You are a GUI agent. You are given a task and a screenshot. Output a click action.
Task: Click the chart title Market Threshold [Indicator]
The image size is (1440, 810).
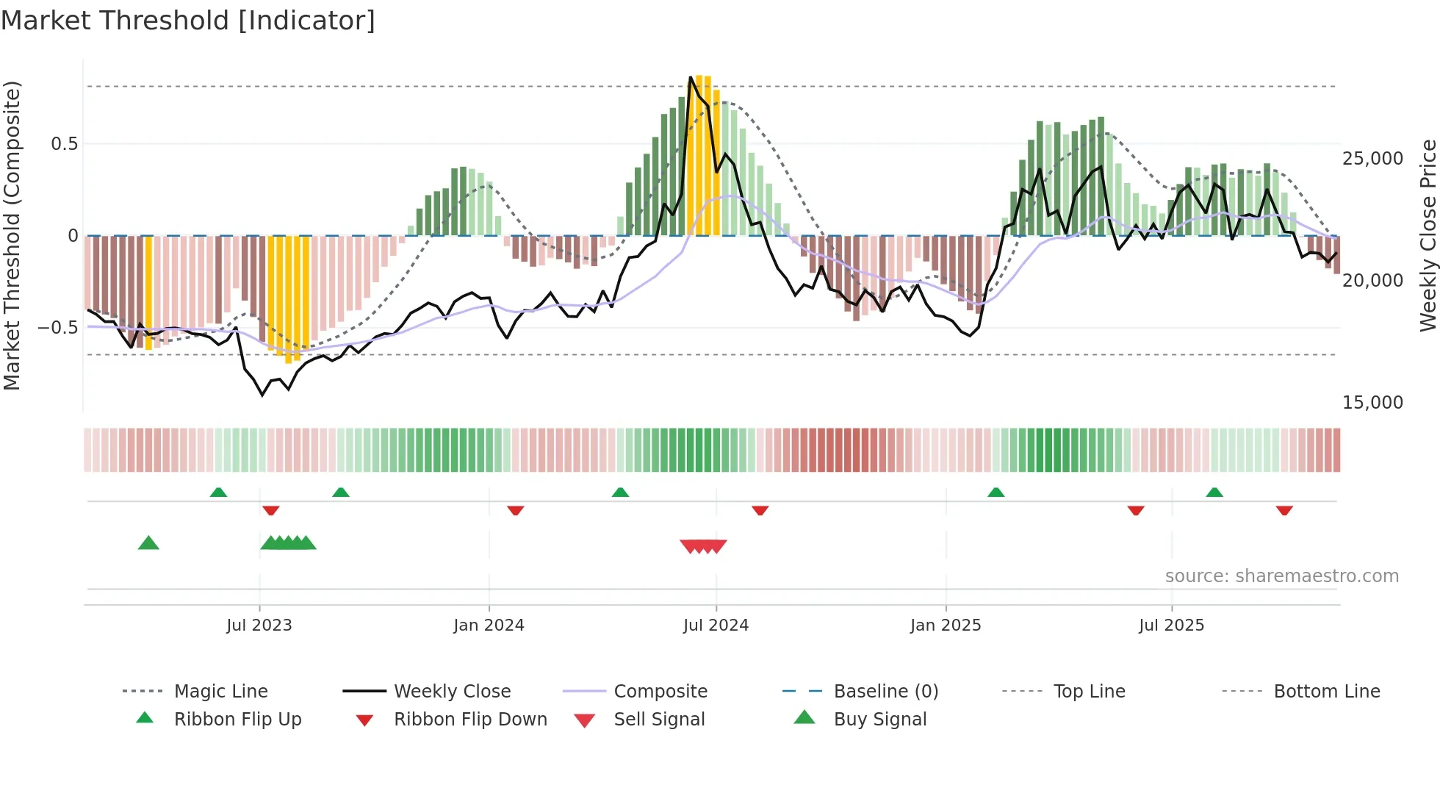point(188,21)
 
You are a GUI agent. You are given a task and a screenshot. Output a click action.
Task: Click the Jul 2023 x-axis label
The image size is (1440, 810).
point(259,626)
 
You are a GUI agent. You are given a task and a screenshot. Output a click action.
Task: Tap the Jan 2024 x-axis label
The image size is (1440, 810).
point(489,626)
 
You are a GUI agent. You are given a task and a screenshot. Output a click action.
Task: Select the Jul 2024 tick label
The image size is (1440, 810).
point(716,626)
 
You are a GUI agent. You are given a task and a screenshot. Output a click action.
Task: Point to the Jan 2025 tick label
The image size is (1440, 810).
point(946,626)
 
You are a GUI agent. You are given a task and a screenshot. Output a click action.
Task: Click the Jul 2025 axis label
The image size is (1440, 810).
point(1171,626)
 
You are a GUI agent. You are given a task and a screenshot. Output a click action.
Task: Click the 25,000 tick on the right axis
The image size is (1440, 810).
point(1372,159)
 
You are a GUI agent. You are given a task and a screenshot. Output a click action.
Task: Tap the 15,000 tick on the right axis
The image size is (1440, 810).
point(1372,403)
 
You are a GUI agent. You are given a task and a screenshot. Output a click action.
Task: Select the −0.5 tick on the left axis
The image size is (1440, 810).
point(58,328)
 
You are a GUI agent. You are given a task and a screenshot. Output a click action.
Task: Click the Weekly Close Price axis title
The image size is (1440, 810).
point(1428,235)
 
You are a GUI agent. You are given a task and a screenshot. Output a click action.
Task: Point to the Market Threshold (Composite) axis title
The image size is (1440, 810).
point(12,235)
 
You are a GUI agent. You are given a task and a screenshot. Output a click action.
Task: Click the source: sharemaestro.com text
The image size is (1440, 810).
point(1281,576)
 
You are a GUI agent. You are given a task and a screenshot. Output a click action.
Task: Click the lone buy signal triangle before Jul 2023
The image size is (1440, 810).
point(148,543)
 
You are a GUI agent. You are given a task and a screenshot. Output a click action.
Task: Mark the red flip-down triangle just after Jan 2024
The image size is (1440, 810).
point(515,510)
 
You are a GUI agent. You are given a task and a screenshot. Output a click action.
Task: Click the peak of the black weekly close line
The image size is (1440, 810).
point(691,77)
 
